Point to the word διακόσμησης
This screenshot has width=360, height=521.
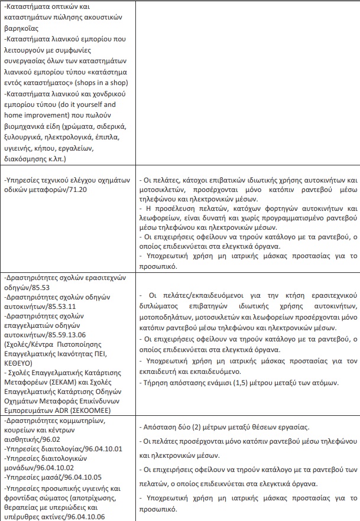coord(28,159)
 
